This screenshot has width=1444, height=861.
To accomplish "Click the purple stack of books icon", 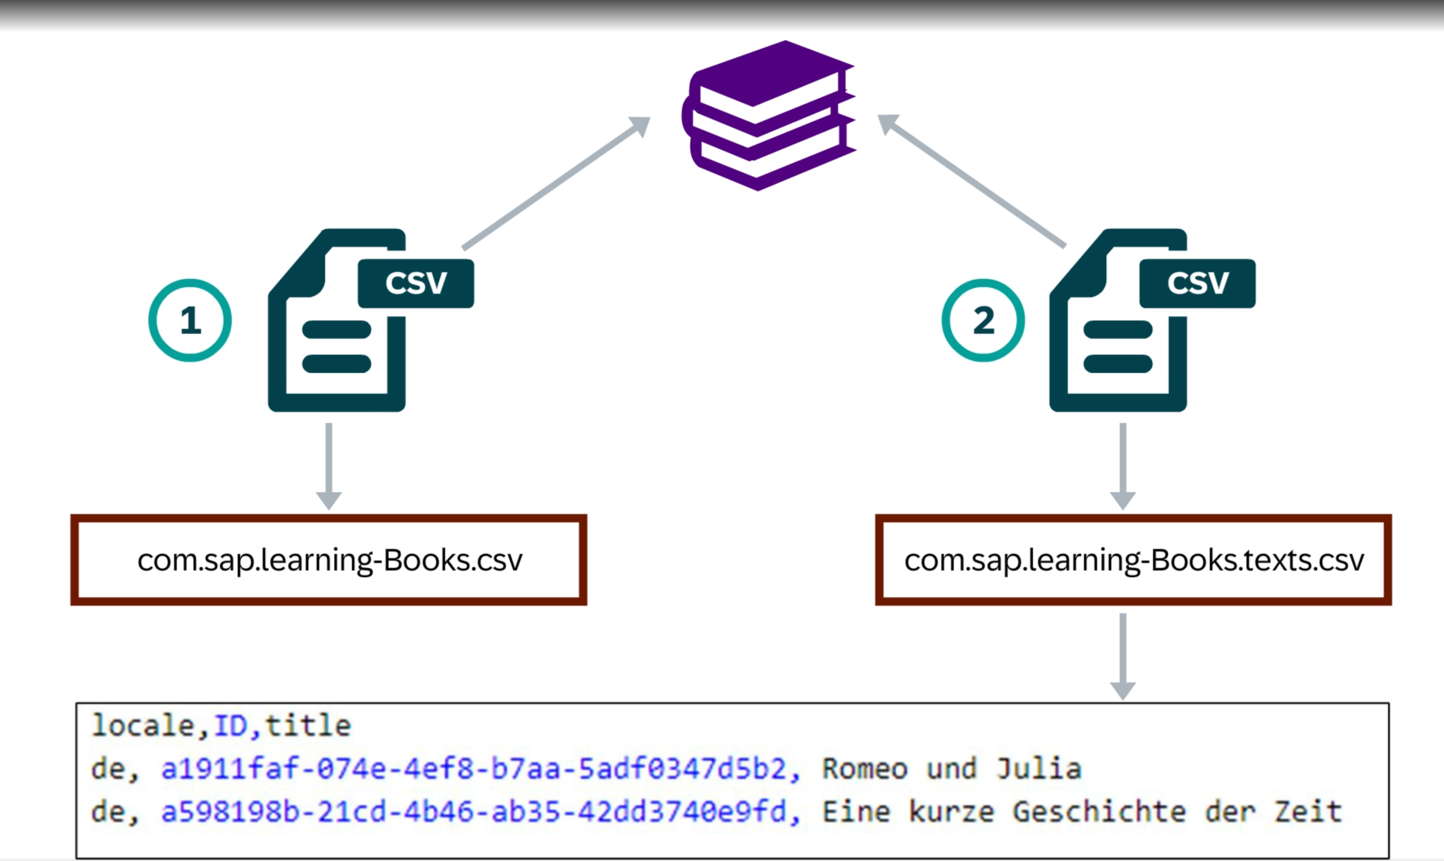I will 769,116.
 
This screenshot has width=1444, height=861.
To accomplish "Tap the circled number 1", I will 190,320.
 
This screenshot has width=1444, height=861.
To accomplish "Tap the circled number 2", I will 983,320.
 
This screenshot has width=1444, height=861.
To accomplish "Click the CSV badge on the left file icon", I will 416,283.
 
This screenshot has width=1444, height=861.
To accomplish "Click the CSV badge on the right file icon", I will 1198,283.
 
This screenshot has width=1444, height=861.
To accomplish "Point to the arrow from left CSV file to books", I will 556,183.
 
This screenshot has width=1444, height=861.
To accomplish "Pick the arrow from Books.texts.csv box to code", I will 1123,656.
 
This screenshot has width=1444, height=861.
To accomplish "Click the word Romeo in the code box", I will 865,769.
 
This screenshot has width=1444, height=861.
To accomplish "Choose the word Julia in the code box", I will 1038,769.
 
